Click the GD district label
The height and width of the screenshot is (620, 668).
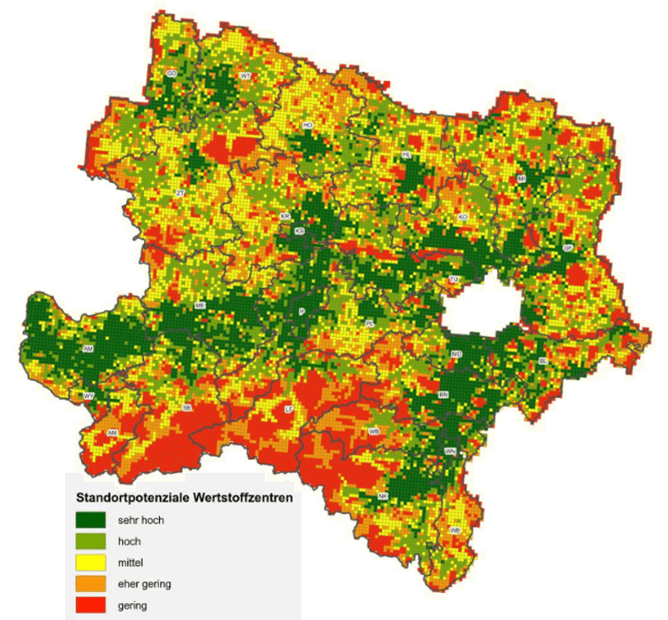171,74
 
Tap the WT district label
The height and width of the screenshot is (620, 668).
246,76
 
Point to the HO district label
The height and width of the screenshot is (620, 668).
308,125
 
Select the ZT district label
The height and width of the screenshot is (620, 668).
179,194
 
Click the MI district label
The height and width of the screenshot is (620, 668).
522,179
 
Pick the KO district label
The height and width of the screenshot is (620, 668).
462,218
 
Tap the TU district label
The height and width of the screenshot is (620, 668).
454,279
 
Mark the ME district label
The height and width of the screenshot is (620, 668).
201,305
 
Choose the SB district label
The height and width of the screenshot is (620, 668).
187,407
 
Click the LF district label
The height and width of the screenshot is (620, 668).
289,409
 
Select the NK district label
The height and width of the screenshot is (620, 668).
383,495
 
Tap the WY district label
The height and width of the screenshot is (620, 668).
88,396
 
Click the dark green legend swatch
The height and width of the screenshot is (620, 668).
91,520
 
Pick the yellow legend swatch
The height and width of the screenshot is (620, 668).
91,562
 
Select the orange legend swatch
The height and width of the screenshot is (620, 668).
91,584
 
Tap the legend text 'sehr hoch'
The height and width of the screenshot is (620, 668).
141,520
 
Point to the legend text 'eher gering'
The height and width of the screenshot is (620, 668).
146,584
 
